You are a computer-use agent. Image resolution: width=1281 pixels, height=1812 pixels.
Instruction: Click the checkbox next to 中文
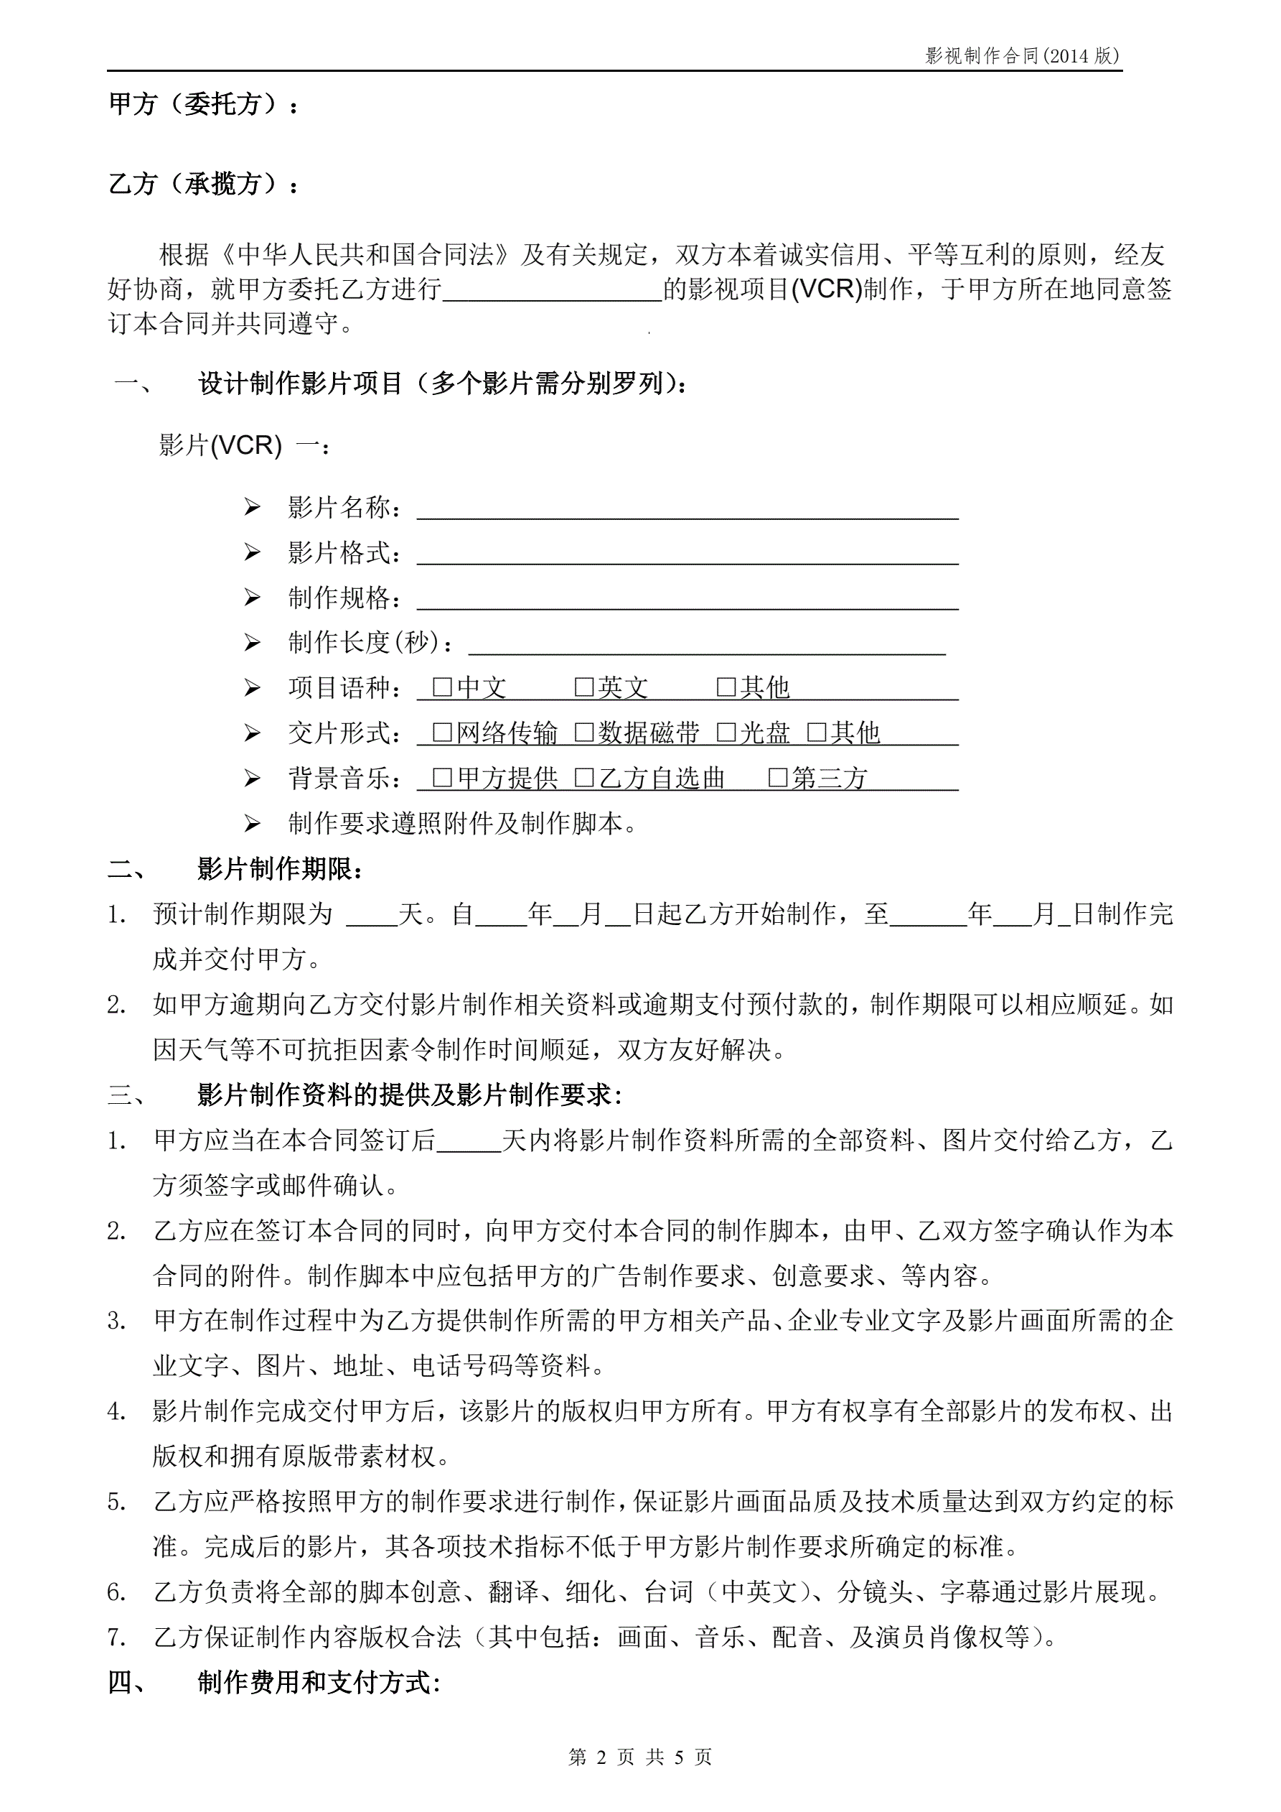[443, 687]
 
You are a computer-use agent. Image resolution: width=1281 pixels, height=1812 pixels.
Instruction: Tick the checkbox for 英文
[583, 687]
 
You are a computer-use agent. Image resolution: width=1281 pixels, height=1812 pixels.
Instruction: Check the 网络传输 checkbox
[443, 733]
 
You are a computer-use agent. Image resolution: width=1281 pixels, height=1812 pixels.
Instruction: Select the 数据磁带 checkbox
[583, 733]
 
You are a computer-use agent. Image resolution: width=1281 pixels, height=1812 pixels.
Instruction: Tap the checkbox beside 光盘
[726, 733]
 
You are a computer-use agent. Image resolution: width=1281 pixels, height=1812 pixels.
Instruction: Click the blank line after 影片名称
[687, 509]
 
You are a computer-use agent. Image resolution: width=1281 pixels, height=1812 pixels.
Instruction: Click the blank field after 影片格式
[687, 554]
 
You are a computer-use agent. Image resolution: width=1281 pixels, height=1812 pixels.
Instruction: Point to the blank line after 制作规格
[687, 599]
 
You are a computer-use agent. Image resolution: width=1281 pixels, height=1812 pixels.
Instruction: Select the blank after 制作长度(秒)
[707, 644]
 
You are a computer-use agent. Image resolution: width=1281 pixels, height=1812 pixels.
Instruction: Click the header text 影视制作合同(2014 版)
[1022, 55]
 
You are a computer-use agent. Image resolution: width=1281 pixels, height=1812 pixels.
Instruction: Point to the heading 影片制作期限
[280, 869]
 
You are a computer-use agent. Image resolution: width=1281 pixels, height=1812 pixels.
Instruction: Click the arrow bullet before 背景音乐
[253, 779]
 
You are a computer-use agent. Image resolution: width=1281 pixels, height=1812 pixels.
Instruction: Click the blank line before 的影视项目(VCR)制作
[552, 290]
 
